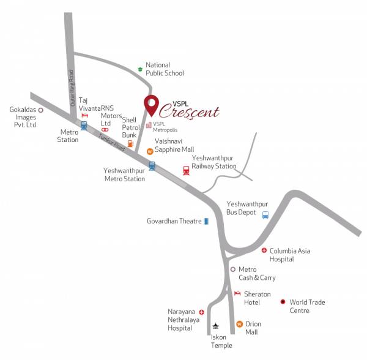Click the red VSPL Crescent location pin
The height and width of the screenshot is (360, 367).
(x=150, y=105)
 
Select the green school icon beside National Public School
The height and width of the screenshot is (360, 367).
(x=140, y=69)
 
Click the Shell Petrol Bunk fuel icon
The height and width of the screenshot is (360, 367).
(x=130, y=144)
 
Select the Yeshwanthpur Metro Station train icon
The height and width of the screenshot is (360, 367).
(x=152, y=165)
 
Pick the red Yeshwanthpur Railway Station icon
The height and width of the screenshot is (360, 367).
(x=186, y=170)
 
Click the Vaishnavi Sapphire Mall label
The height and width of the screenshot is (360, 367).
(x=174, y=144)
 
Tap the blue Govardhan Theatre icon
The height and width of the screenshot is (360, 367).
(x=206, y=221)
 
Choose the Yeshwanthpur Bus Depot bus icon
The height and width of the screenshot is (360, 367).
(x=265, y=215)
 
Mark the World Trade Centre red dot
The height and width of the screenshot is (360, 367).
(x=283, y=302)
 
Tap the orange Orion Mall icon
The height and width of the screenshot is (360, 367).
(x=240, y=323)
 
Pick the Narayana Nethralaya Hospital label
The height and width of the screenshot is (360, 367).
(x=182, y=320)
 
